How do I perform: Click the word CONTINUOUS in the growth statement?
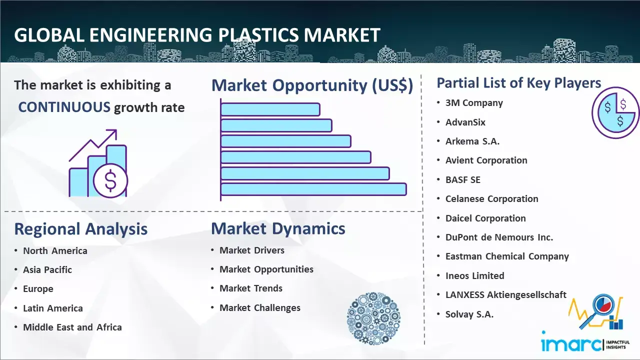(64, 107)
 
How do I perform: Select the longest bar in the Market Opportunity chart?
(313, 189)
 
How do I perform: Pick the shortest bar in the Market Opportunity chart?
(270, 109)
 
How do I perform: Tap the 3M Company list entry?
(474, 103)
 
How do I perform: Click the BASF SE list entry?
(463, 179)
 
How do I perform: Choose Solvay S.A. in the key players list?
(469, 314)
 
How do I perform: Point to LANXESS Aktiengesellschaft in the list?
(505, 294)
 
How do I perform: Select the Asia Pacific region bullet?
(47, 269)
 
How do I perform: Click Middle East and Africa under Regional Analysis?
(72, 327)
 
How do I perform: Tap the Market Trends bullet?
(251, 288)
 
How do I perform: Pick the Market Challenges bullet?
(259, 307)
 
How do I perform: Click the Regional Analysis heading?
(81, 229)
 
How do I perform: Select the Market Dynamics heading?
(278, 228)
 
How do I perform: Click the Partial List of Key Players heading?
(519, 83)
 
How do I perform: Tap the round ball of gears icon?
(373, 318)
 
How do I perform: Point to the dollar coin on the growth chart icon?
(110, 181)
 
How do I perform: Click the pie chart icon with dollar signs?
(615, 113)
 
